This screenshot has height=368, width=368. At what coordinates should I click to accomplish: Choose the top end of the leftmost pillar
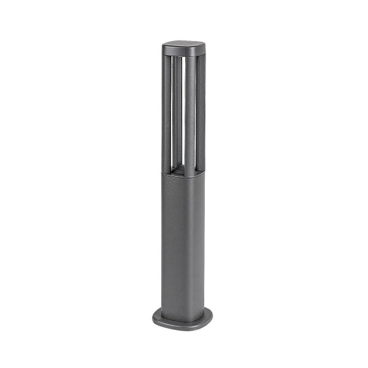coord(166,58)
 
